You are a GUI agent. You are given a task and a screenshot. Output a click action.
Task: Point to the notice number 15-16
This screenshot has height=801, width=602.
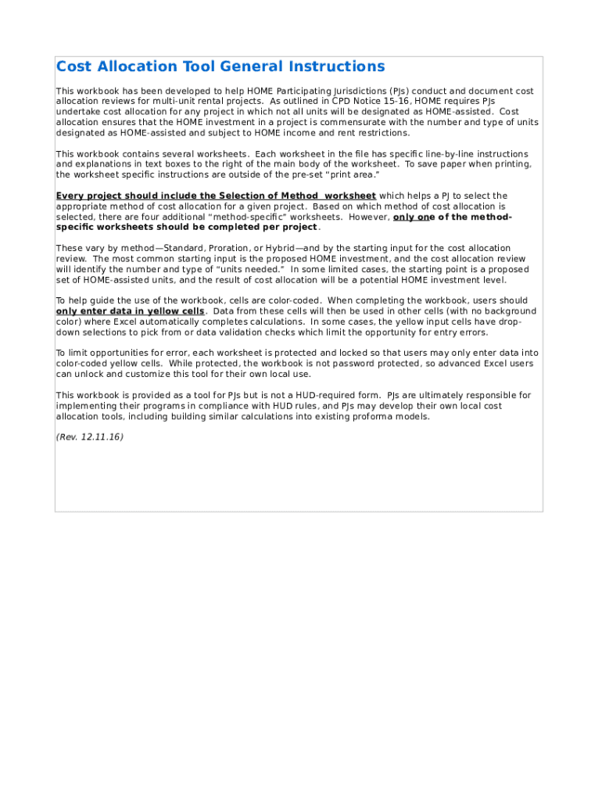click(394, 101)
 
